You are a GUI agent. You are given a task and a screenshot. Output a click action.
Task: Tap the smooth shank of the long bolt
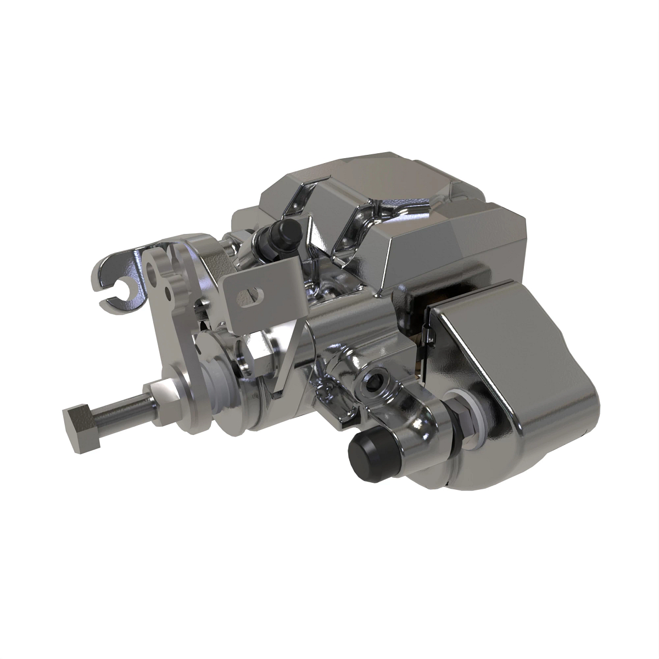tap(121, 408)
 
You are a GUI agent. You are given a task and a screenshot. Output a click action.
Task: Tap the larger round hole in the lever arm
tap(152, 271)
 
